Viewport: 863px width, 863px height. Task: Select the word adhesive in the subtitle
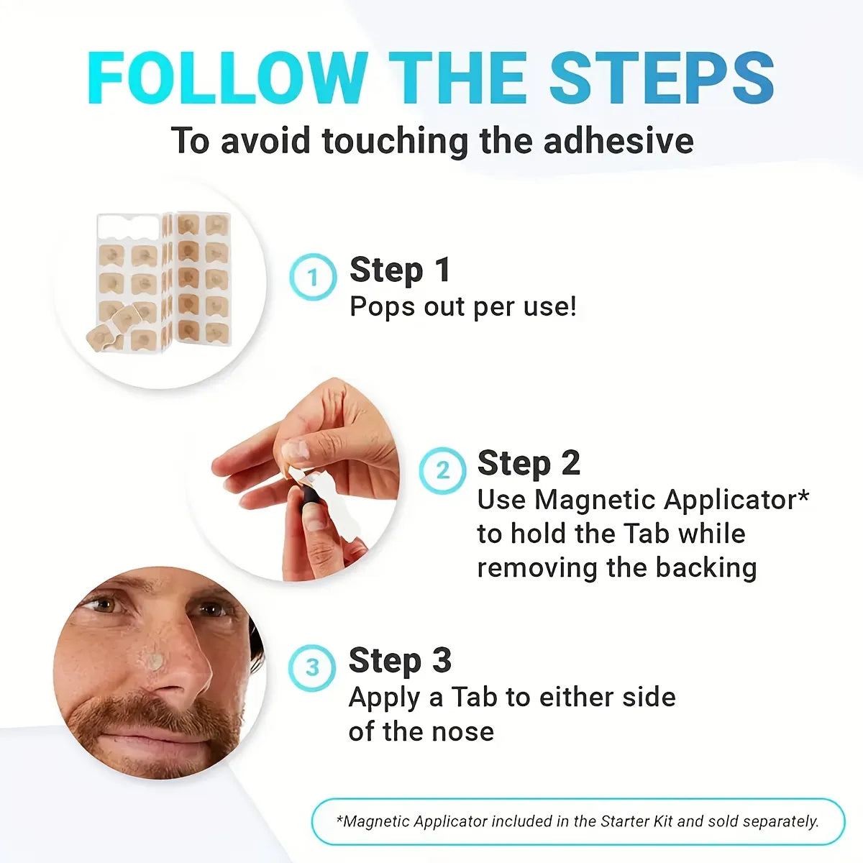click(618, 140)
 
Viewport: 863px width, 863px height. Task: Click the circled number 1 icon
click(313, 277)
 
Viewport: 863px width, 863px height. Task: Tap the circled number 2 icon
click(442, 470)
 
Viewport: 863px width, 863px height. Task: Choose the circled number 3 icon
click(312, 667)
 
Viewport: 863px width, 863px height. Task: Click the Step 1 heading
click(400, 270)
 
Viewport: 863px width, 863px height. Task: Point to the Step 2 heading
click(529, 463)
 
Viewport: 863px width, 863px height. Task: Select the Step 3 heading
click(400, 660)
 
